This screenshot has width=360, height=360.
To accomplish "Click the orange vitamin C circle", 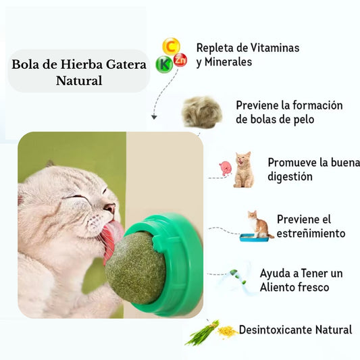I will (172, 47).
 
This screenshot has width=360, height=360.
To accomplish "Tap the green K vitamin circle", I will (163, 64).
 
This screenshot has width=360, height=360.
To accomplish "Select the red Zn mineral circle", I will (180, 59).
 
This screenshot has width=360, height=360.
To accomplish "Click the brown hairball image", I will (202, 111).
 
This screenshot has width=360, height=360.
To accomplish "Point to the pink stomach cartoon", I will (225, 168).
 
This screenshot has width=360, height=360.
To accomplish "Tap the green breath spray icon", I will (236, 276).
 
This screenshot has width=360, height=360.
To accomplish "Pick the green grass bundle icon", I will (201, 332).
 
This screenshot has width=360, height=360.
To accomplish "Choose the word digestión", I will (290, 177).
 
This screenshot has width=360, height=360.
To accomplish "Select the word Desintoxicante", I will (276, 330).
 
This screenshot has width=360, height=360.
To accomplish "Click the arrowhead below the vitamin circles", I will (154, 117).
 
